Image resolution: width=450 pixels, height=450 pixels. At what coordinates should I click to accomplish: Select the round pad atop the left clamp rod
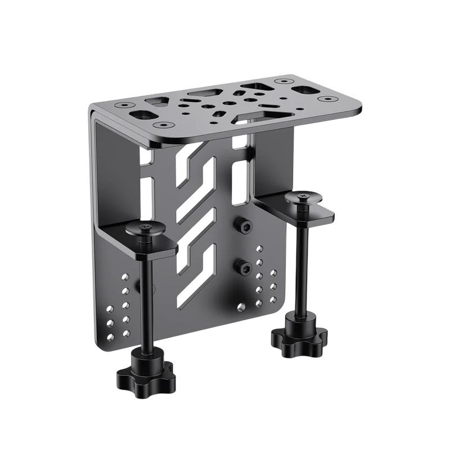pos(142,228)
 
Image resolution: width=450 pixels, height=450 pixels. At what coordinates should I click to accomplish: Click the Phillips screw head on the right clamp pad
pos(302,196)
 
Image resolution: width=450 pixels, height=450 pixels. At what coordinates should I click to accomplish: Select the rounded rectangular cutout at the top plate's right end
pos(307,91)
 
